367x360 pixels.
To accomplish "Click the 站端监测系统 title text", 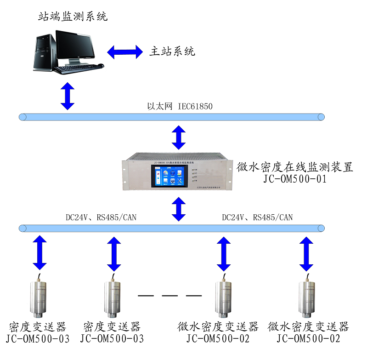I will click(x=73, y=17).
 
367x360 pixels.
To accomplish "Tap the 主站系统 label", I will click(x=172, y=51).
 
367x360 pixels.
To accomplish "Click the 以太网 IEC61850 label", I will click(x=180, y=107).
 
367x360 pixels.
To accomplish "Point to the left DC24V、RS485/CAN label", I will click(x=101, y=217).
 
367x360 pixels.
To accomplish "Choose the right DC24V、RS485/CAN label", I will click(x=257, y=217).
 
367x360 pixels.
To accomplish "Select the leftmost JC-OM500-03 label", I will click(x=38, y=339).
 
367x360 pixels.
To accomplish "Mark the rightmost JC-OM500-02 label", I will click(x=308, y=339).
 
